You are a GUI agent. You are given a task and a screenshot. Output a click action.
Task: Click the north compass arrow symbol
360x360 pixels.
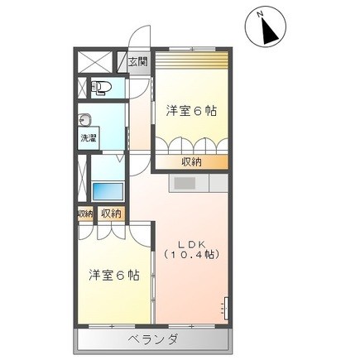pos(269,31)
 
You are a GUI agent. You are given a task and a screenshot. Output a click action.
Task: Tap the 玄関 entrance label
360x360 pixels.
pos(137,60)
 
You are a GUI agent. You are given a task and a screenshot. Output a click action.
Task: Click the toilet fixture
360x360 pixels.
pos(100,85)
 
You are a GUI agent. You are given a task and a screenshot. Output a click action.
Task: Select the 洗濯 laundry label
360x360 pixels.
pos(89,138)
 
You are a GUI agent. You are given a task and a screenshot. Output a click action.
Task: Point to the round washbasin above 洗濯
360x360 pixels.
pos(85,118)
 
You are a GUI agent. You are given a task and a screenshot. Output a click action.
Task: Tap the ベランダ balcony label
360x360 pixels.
pos(153,339)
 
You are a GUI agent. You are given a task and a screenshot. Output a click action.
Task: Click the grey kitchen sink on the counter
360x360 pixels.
pos(185,182)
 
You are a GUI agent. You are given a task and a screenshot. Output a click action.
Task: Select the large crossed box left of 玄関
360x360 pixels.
pos(94,62)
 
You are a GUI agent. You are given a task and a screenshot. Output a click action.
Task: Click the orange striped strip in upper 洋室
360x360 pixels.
pos(192,62)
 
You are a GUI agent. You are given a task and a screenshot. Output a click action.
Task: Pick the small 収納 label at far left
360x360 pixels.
pos(84,214)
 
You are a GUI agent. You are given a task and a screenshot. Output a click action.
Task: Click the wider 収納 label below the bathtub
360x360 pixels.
pos(111,214)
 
